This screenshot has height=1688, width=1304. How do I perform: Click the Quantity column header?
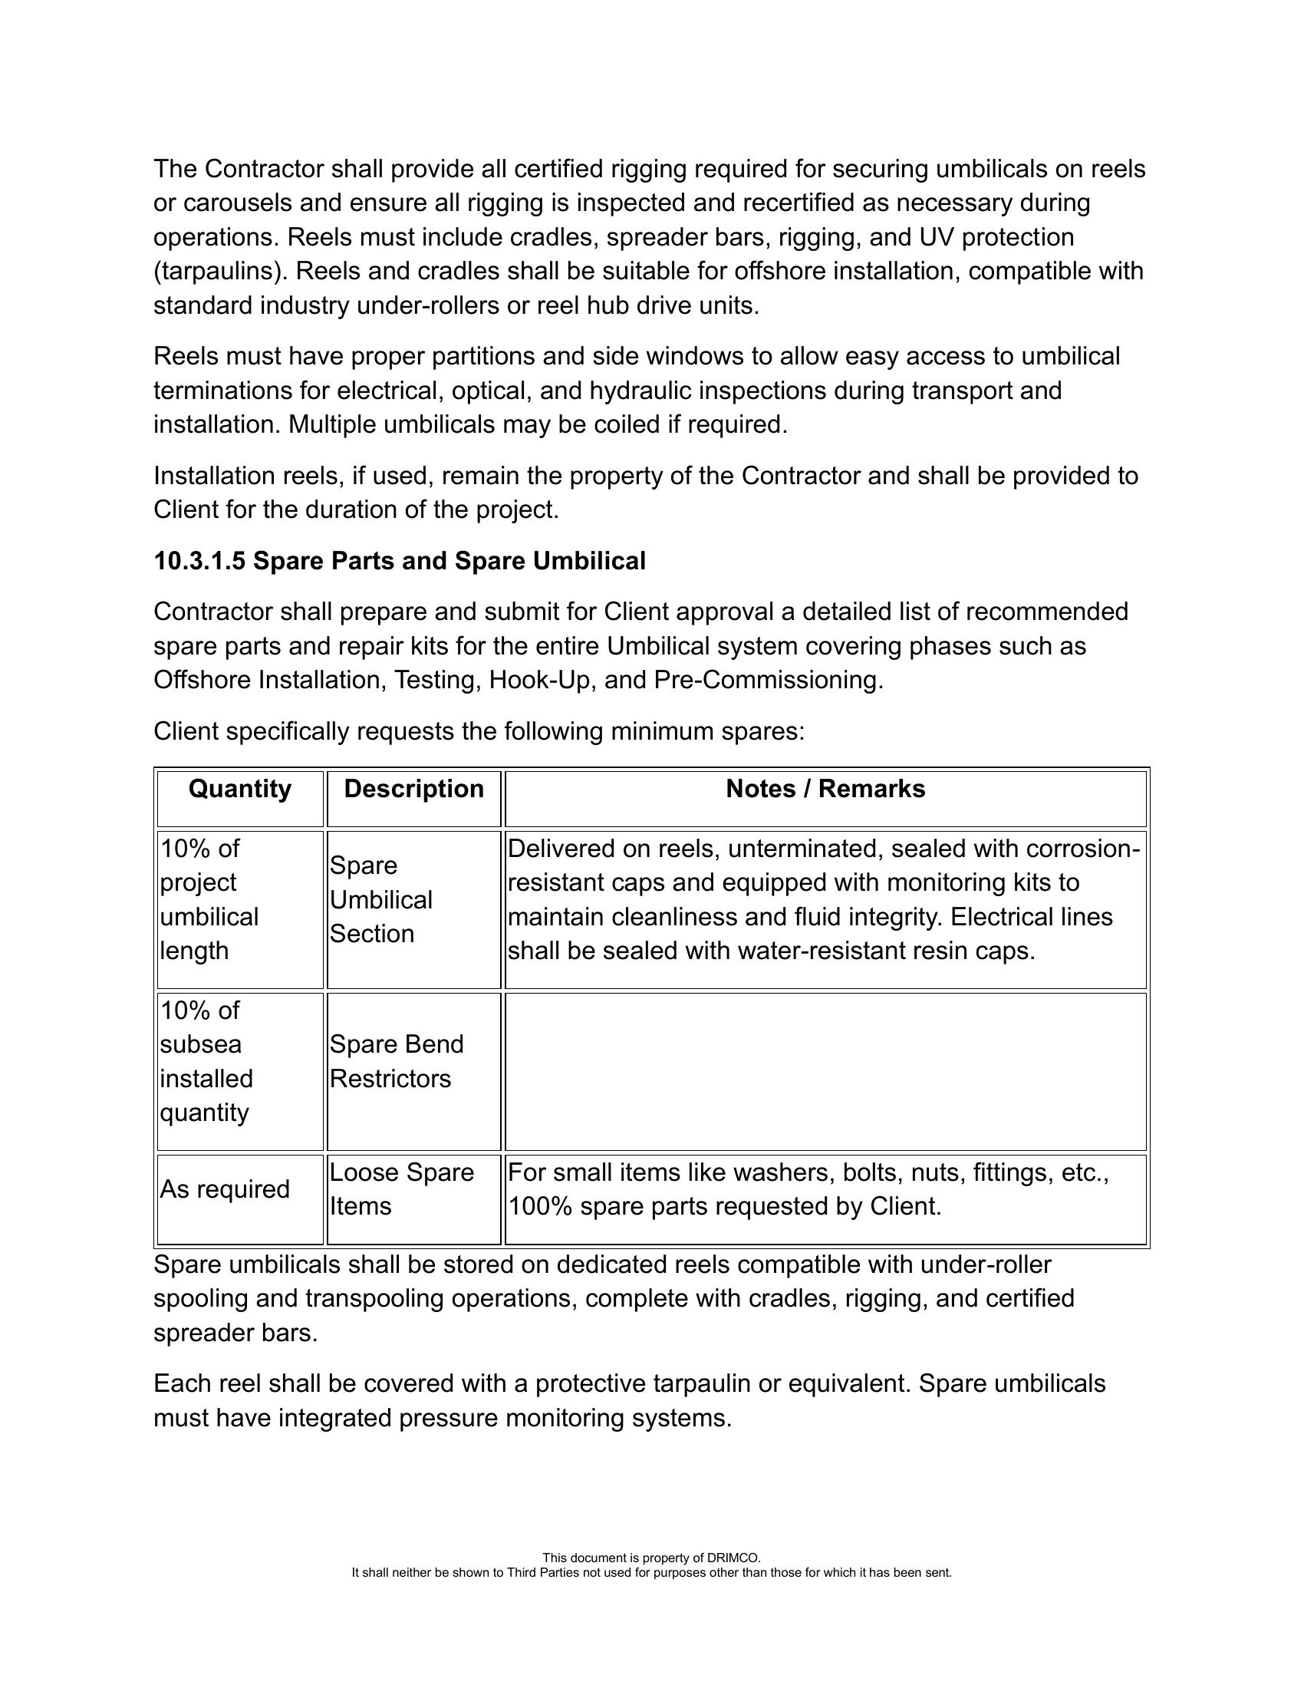pyautogui.click(x=239, y=789)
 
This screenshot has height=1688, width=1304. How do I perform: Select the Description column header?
pyautogui.click(x=413, y=789)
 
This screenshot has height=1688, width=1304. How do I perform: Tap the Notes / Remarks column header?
pyautogui.click(x=825, y=789)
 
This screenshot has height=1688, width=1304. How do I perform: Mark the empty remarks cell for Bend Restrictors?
pyautogui.click(x=825, y=1071)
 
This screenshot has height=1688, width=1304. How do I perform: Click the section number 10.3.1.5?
pyautogui.click(x=199, y=561)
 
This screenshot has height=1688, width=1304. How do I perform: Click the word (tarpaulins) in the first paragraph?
pyautogui.click(x=221, y=272)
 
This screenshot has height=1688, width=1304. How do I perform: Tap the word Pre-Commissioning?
pyautogui.click(x=768, y=680)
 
